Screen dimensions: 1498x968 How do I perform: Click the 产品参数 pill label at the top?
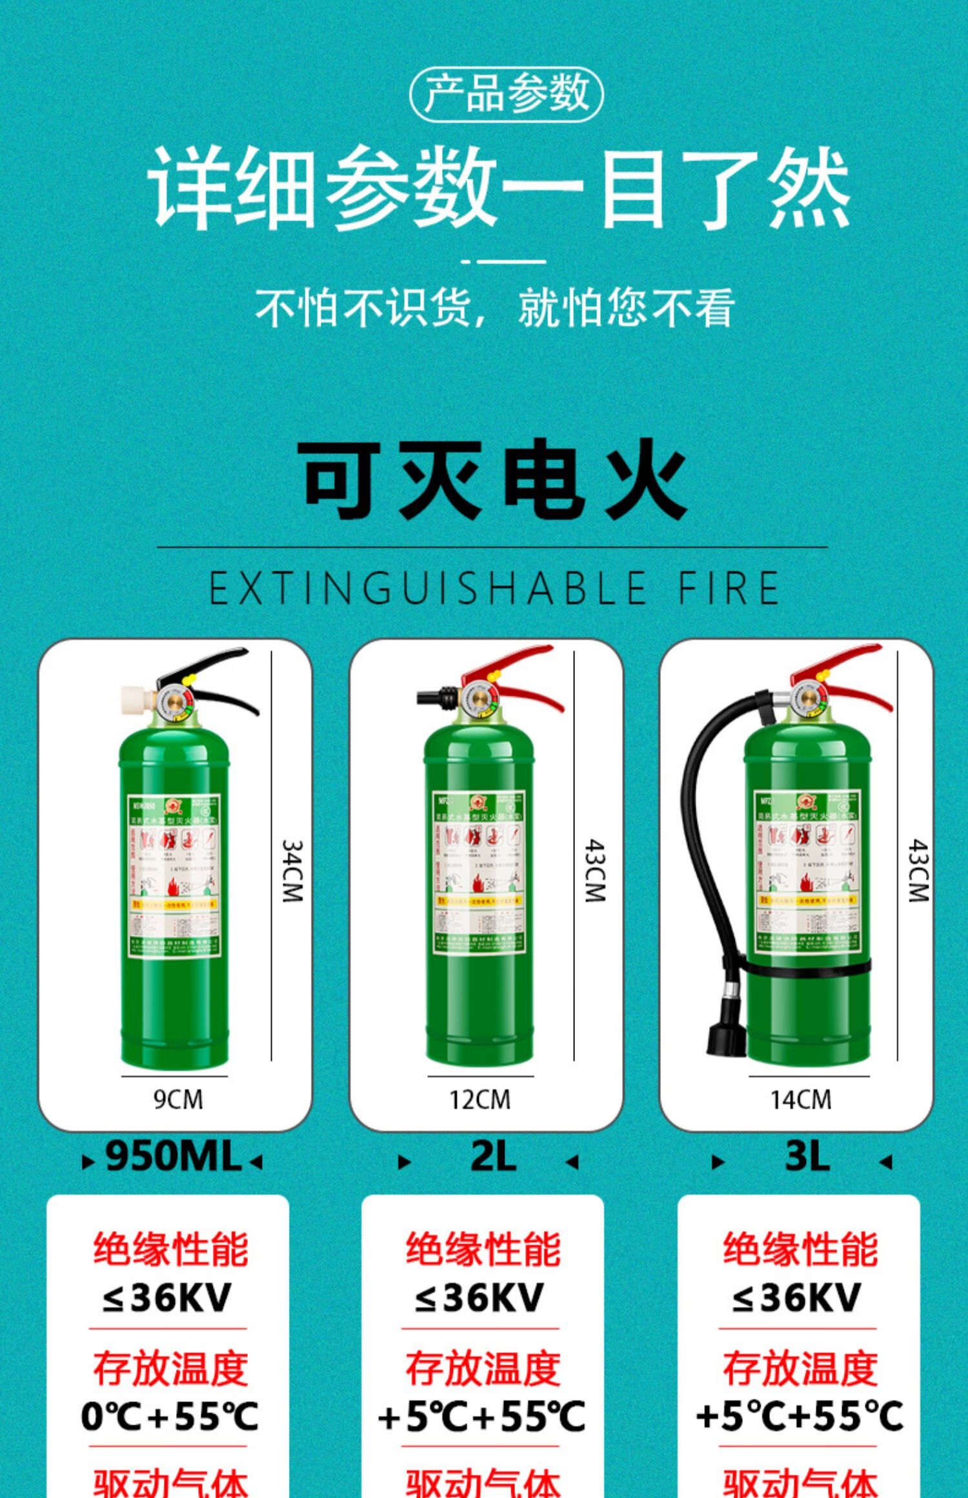click(506, 94)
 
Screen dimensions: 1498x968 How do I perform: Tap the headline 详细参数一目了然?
click(498, 188)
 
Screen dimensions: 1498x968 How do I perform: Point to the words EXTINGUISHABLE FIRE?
click(494, 588)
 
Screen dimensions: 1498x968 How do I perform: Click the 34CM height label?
click(292, 870)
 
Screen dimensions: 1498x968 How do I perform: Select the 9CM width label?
click(177, 1099)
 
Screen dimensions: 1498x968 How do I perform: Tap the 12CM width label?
click(479, 1099)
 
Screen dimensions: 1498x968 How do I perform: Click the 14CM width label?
click(800, 1099)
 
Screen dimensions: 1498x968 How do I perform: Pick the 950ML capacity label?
click(173, 1156)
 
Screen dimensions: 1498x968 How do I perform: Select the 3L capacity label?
click(807, 1156)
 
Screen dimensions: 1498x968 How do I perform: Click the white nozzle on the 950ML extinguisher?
click(136, 699)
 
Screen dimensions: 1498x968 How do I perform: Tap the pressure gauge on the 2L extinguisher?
click(479, 699)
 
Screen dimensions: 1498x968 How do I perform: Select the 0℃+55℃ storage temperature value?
click(169, 1417)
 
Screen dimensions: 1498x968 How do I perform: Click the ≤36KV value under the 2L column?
click(479, 1297)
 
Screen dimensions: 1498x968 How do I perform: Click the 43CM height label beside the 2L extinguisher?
click(595, 870)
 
